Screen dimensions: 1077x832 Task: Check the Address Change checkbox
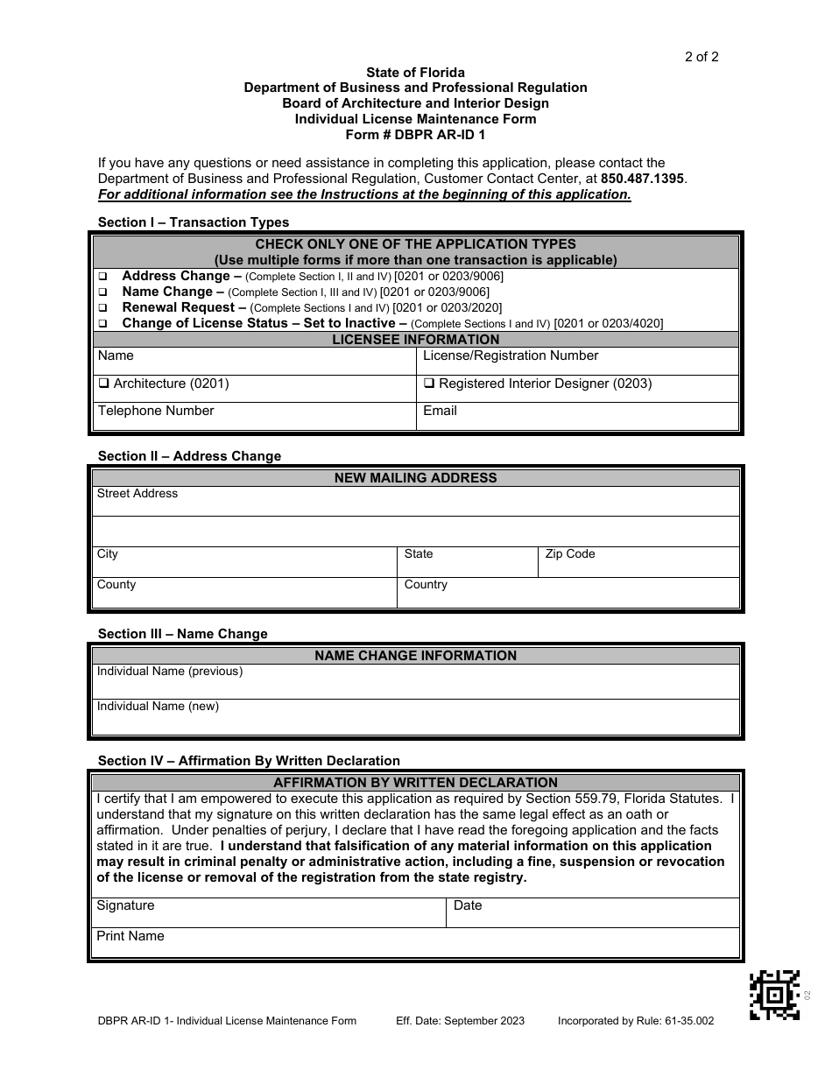[102, 277]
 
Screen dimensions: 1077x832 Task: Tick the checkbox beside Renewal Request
[102, 308]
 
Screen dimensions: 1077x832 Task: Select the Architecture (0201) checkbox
[103, 384]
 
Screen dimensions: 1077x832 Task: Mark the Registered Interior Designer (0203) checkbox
[429, 384]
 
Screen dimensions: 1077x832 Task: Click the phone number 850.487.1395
[643, 179]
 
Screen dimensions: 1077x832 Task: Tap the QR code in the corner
[775, 995]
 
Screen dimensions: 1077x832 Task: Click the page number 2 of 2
[702, 58]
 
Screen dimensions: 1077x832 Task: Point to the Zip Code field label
[569, 554]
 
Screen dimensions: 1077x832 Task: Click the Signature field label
[125, 905]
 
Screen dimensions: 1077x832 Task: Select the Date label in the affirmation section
[468, 905]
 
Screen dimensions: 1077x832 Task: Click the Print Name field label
[130, 936]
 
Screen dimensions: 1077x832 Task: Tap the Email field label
[440, 411]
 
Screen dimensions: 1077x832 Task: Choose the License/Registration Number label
[510, 355]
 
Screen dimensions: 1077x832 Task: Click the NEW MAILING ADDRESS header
[415, 478]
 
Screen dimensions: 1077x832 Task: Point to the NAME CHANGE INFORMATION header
[415, 656]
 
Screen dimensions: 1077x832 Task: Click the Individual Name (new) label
[158, 707]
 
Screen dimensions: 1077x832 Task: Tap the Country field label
[426, 585]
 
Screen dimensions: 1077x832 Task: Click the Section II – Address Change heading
[189, 456]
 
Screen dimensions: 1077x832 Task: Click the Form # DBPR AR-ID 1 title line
[415, 135]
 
